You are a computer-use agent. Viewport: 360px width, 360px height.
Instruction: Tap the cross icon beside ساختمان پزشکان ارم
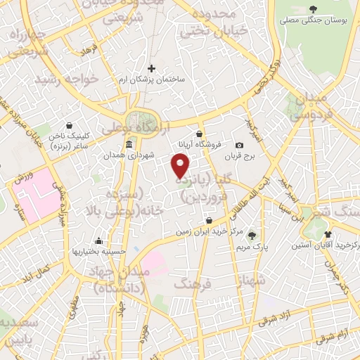click(x=151, y=68)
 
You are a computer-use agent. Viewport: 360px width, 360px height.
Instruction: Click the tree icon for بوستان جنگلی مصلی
click(x=312, y=9)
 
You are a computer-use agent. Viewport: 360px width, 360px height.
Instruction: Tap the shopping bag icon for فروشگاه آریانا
click(x=200, y=134)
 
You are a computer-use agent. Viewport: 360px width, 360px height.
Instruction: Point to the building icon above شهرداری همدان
click(x=129, y=145)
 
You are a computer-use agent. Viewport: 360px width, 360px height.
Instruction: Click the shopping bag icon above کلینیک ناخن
click(x=68, y=125)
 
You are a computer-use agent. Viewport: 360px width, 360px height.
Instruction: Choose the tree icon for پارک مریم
click(x=252, y=235)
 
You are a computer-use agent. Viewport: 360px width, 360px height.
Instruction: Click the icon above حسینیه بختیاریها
click(x=97, y=241)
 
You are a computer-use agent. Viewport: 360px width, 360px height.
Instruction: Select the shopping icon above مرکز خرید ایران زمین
click(x=198, y=221)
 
